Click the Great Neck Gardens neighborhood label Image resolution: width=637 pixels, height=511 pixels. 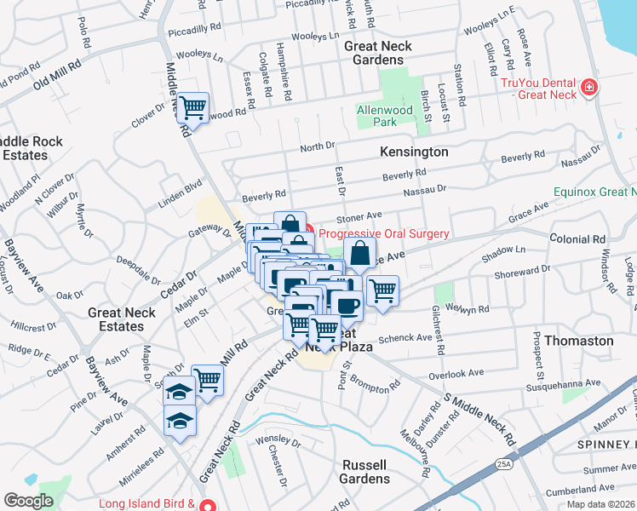tap(377, 53)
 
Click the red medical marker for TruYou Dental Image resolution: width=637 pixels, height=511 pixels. tap(587, 88)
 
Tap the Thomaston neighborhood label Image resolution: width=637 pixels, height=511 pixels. tap(578, 341)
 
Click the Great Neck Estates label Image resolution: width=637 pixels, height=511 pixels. tap(122, 319)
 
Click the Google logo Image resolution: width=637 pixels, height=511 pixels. tap(28, 501)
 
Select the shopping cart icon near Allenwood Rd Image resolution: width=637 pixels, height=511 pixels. tap(193, 108)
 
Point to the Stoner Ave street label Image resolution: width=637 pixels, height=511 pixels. tap(364, 216)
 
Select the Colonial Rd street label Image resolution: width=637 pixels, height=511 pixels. tap(577, 240)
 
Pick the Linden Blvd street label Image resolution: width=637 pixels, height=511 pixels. tap(178, 192)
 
